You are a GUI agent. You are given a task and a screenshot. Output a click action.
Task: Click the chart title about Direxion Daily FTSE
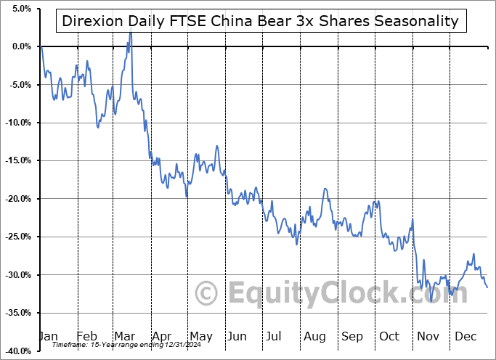(x=261, y=20)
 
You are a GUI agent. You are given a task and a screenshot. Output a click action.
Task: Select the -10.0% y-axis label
(x=18, y=123)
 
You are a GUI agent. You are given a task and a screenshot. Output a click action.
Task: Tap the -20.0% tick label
(x=18, y=199)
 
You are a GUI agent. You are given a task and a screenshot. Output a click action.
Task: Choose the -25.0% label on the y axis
(x=18, y=237)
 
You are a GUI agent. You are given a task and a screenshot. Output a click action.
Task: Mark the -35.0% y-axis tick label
(x=18, y=313)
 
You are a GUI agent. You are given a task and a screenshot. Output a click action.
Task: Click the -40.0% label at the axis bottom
(x=18, y=351)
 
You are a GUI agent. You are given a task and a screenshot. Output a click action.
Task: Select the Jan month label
(x=47, y=336)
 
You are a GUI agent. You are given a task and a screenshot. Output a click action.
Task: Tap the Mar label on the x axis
(x=124, y=336)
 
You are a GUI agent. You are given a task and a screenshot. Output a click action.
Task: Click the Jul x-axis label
(x=274, y=336)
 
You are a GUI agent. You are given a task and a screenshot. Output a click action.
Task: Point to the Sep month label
(x=351, y=336)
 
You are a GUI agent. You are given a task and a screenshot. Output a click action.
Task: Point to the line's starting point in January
(x=42, y=46)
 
